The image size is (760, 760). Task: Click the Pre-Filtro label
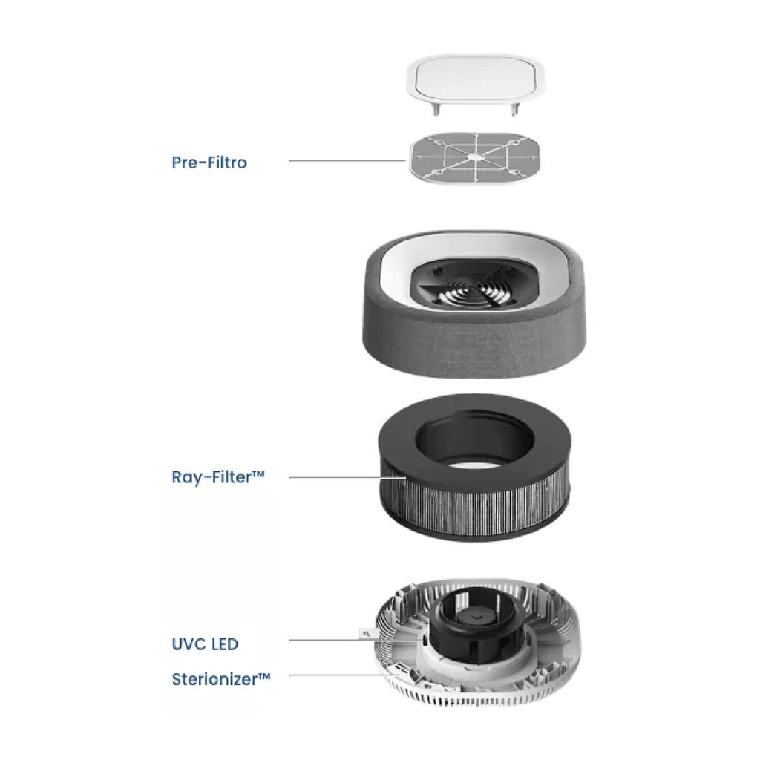[209, 163]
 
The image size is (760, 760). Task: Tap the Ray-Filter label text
[218, 477]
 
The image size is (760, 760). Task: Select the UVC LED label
[205, 644]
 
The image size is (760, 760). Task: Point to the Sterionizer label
[221, 679]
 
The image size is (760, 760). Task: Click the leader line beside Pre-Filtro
[347, 161]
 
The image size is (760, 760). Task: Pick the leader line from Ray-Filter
[347, 478]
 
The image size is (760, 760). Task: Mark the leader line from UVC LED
[356, 641]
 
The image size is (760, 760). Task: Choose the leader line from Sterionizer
[343, 675]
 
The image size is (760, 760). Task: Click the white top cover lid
[475, 79]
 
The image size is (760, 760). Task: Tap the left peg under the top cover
[436, 110]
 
